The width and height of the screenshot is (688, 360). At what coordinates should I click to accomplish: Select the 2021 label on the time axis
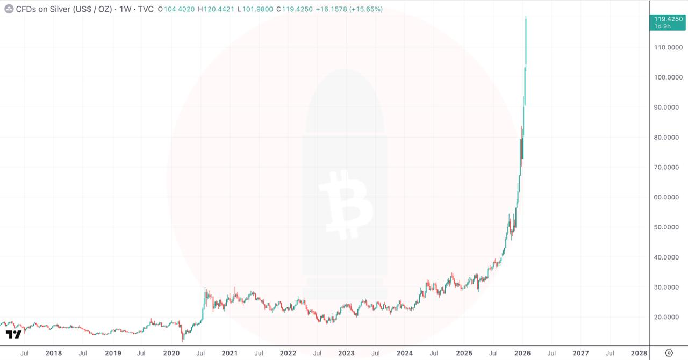[230, 353]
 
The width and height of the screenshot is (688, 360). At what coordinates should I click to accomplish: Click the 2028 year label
[639, 353]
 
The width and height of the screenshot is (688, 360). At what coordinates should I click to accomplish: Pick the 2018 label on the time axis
[53, 353]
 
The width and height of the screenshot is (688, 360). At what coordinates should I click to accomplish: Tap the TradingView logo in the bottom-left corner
[13, 335]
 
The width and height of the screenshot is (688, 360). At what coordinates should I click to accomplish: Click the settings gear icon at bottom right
[669, 353]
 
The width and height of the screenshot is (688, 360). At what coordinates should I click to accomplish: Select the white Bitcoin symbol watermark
[345, 204]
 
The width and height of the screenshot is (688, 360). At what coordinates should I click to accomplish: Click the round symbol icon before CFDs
[9, 9]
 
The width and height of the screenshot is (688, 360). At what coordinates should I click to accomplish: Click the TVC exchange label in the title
[146, 9]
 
